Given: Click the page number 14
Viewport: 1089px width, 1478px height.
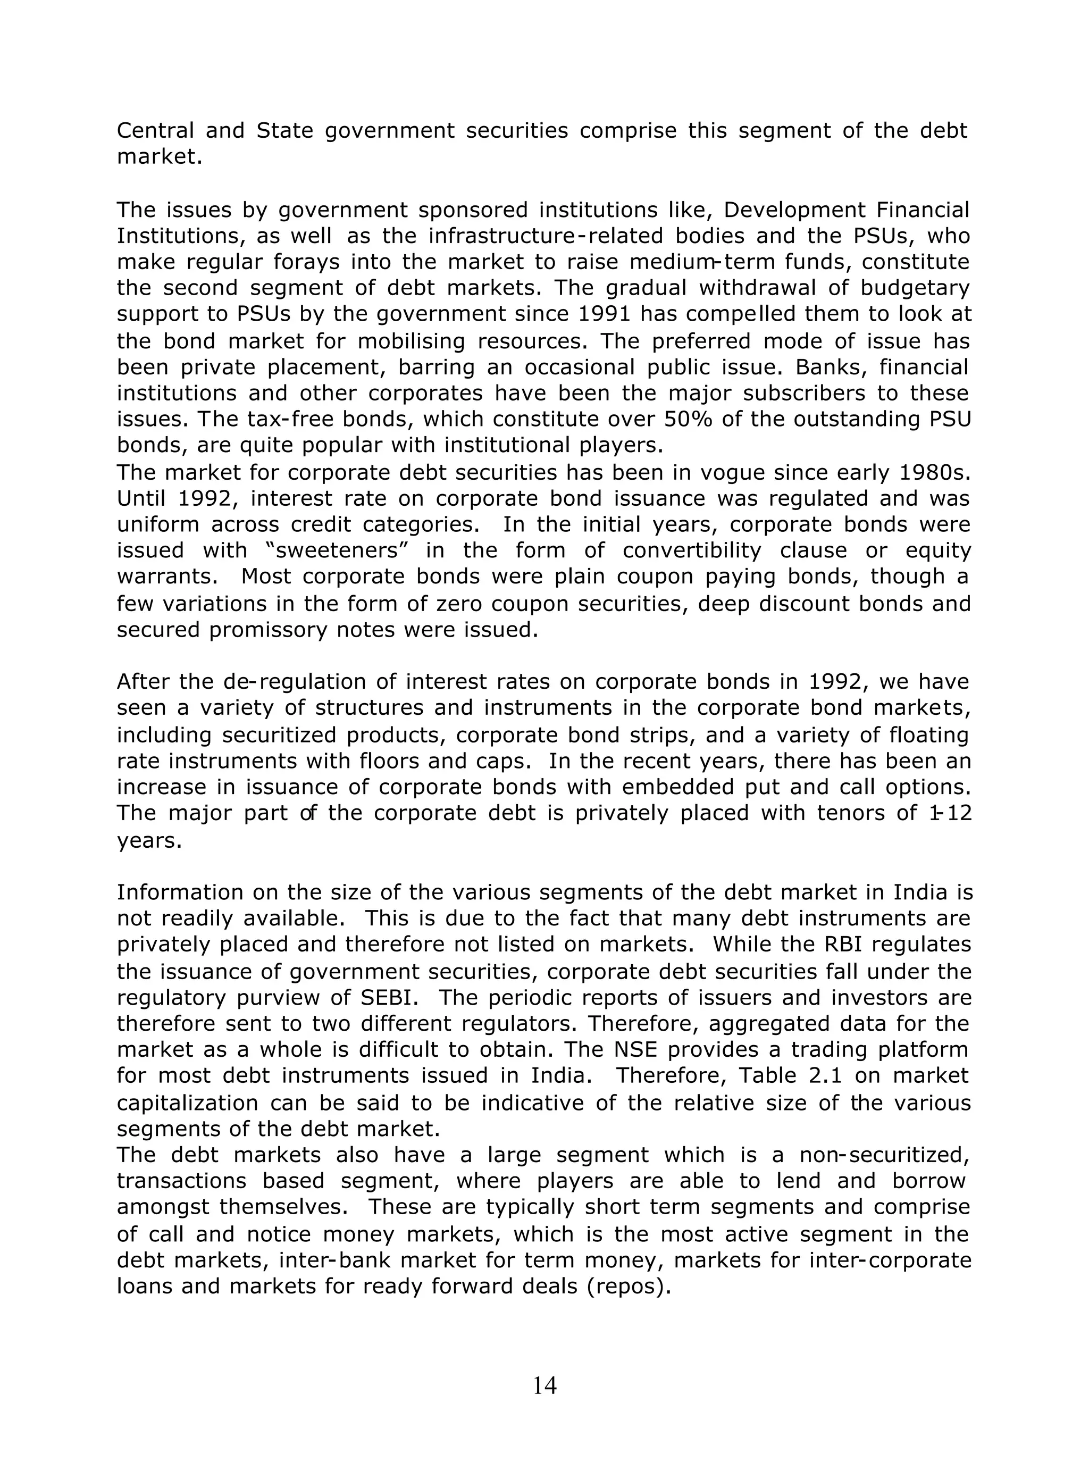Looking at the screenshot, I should point(544,1385).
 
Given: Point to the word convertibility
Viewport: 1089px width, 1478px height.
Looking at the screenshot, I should point(691,550).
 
